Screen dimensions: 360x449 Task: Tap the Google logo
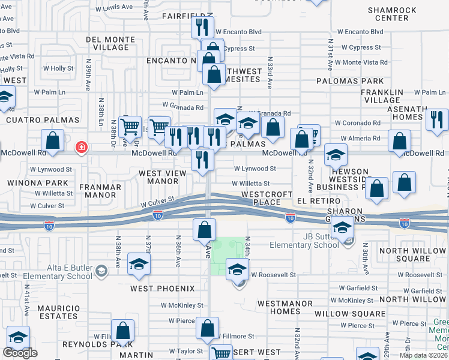[20, 353]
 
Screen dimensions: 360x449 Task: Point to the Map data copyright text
[424, 355]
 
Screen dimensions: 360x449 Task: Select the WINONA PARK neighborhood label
[29, 182]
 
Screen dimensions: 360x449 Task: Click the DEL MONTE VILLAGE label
[112, 43]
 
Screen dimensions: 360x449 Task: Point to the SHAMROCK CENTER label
[388, 14]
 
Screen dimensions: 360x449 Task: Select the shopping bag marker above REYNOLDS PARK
[123, 330]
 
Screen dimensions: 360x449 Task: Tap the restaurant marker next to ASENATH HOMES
[437, 119]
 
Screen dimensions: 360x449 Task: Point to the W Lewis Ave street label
[115, 7]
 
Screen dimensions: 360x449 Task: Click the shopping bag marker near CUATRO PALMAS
[53, 141]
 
